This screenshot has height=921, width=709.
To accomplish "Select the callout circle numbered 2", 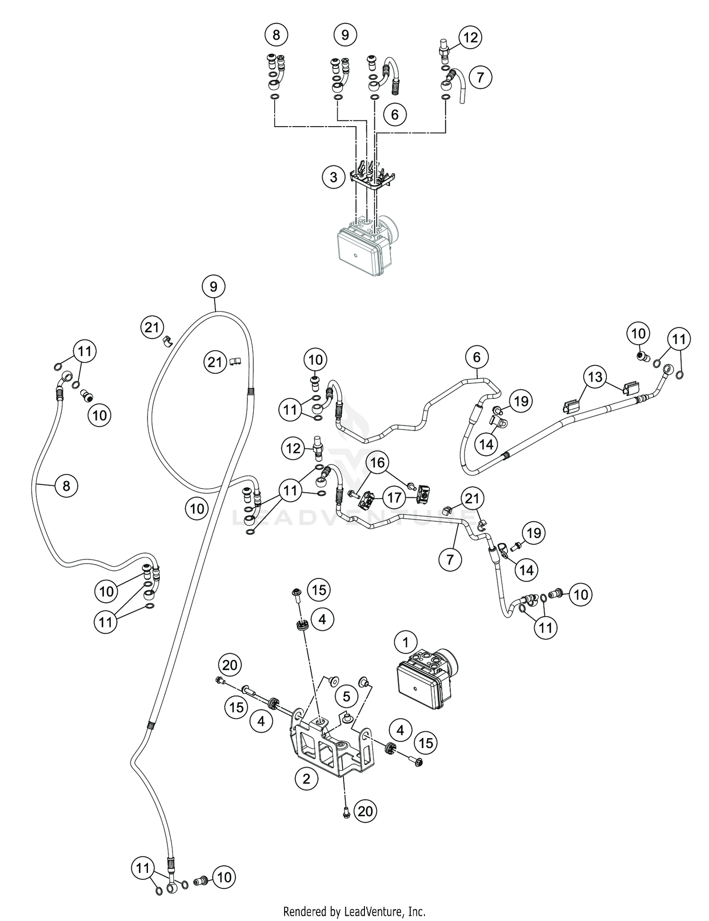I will pyautogui.click(x=306, y=778).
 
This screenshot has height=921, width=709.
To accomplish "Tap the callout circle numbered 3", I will pyautogui.click(x=334, y=177).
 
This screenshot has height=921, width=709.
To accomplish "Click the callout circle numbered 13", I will pyautogui.click(x=596, y=377).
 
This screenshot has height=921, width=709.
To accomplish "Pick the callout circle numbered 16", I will pyautogui.click(x=377, y=463).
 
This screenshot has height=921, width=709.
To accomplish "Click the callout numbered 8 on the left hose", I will pyautogui.click(x=66, y=486).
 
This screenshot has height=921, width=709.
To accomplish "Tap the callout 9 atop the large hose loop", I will pyautogui.click(x=214, y=286).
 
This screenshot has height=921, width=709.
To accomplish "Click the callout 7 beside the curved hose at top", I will pyautogui.click(x=480, y=77).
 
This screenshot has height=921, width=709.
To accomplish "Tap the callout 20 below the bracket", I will pyautogui.click(x=365, y=811).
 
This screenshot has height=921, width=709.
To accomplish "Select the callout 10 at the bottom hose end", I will pyautogui.click(x=224, y=878).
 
